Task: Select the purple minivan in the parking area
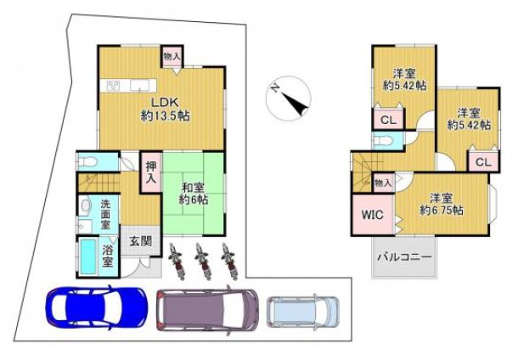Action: (x=207, y=310)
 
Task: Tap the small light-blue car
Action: (x=303, y=312)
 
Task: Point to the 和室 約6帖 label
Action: (x=194, y=194)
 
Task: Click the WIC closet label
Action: (x=373, y=215)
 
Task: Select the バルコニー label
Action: (x=405, y=257)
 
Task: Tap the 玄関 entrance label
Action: (x=140, y=241)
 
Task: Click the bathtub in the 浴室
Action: (x=88, y=256)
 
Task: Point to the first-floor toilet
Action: (x=87, y=162)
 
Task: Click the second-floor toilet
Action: (x=383, y=140)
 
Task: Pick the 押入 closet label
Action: (x=151, y=172)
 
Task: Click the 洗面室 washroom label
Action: (x=105, y=214)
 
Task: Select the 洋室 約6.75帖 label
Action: (x=441, y=205)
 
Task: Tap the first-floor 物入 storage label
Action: (x=172, y=57)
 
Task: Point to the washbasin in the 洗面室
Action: (x=86, y=206)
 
